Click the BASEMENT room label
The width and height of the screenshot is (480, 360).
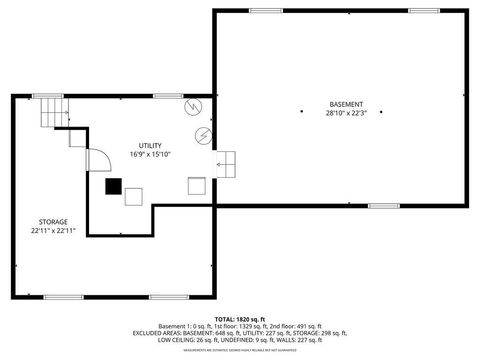tap(345, 104)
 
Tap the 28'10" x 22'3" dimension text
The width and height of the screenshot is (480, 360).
tap(345, 113)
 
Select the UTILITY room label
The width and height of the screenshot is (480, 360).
tap(150, 145)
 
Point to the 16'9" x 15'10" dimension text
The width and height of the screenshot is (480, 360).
tap(150, 154)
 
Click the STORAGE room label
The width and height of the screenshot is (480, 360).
tap(53, 222)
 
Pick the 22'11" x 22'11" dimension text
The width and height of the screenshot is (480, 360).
tap(53, 231)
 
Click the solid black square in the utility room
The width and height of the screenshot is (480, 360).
tap(114, 185)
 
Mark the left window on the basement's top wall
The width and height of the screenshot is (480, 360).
tap(265, 10)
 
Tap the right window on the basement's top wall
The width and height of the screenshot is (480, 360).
tap(423, 10)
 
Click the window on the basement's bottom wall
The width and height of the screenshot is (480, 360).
tap(382, 206)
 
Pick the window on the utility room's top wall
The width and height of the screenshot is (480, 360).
tap(167, 95)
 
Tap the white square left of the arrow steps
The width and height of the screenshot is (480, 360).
tap(197, 185)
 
